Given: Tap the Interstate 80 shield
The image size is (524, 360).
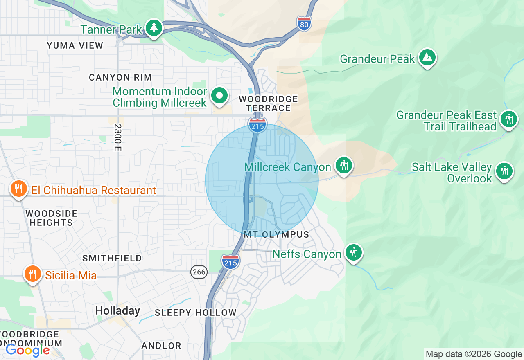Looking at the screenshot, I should (x=304, y=23).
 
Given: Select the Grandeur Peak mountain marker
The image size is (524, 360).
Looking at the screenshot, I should (x=427, y=57).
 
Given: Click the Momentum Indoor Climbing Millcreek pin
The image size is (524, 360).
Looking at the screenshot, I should (x=219, y=96).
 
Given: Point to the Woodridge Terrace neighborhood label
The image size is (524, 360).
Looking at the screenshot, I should (x=269, y=103).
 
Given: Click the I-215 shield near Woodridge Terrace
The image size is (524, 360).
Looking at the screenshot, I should (x=257, y=125).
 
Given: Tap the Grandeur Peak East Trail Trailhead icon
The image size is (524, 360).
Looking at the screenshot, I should (x=509, y=119).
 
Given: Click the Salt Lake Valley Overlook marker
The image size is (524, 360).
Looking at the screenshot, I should (x=504, y=171).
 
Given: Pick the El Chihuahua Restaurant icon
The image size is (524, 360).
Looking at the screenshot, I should (x=18, y=189).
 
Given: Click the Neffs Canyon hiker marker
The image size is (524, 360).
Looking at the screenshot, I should (x=353, y=252).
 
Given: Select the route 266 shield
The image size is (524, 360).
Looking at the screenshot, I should (x=199, y=272).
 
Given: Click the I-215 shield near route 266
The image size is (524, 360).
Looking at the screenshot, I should (x=230, y=261).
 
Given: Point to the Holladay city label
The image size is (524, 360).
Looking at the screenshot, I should (x=117, y=310).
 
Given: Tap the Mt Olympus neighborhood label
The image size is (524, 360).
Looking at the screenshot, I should (x=276, y=235).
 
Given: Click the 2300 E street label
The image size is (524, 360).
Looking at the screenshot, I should (x=118, y=138).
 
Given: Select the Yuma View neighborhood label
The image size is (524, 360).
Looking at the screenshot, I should (x=75, y=45).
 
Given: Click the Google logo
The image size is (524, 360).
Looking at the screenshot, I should (x=27, y=350).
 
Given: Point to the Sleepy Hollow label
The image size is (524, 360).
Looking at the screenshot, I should (x=196, y=313).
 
